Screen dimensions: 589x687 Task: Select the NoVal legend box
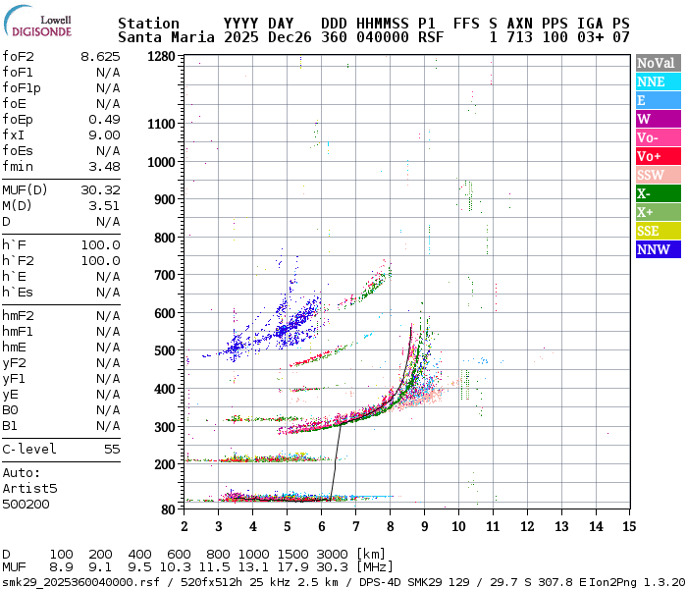pos(657,63)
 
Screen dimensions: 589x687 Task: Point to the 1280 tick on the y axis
pos(162,56)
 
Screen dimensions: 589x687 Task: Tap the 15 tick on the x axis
pos(628,527)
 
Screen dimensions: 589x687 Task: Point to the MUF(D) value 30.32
pos(100,189)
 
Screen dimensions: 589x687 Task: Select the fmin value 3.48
pos(104,166)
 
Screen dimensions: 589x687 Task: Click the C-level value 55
pos(112,449)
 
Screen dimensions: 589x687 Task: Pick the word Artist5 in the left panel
pos(29,488)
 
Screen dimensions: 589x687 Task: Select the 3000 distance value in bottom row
pos(333,554)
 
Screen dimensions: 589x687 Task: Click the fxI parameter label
pos(13,134)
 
